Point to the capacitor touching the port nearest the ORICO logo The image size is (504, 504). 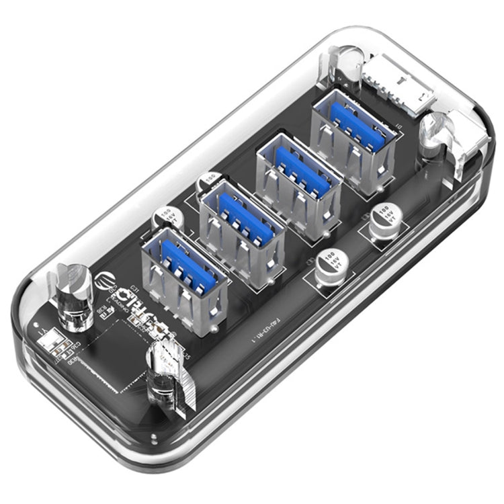(x=164, y=218)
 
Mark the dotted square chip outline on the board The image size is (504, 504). (x=128, y=349)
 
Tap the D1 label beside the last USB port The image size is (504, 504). (x=399, y=126)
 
